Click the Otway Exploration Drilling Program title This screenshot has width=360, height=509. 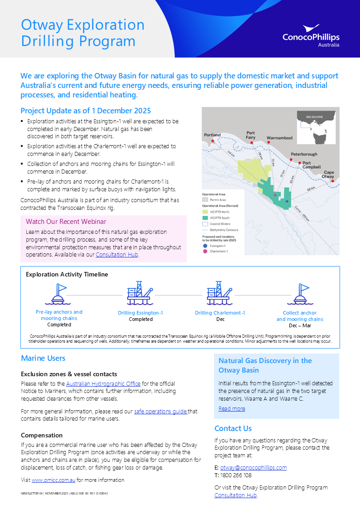pyautogui.click(x=83, y=33)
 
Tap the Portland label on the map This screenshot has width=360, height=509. pyautogui.click(x=212, y=135)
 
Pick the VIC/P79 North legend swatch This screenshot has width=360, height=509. pyautogui.click(x=205, y=212)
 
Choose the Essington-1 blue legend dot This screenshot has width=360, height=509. pyautogui.click(x=205, y=246)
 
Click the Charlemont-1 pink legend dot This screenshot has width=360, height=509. pyautogui.click(x=205, y=251)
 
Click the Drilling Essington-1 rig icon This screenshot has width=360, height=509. pyautogui.click(x=140, y=293)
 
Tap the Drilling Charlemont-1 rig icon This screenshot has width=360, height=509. pyautogui.click(x=220, y=293)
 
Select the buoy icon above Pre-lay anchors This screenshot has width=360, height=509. pyautogui.click(x=59, y=294)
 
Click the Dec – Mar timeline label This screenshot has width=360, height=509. pyautogui.click(x=300, y=325)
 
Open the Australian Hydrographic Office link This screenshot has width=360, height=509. pyautogui.click(x=103, y=383)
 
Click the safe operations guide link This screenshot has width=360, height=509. pyautogui.click(x=161, y=412)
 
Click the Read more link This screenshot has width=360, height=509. pyautogui.click(x=231, y=408)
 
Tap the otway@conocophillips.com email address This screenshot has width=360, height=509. pyautogui.click(x=253, y=467)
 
